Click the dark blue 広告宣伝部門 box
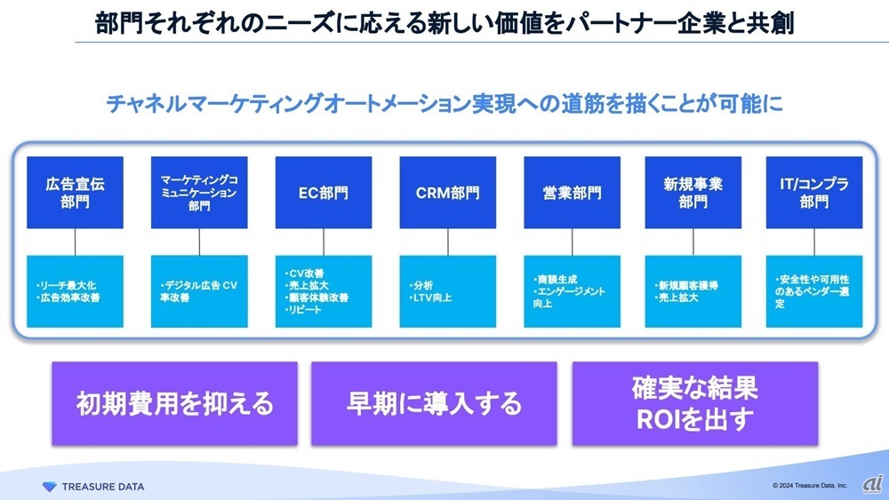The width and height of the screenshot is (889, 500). click(x=75, y=193)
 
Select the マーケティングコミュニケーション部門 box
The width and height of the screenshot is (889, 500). click(x=199, y=193)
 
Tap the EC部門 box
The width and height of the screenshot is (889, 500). click(x=324, y=193)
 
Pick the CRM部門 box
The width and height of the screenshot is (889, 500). click(x=448, y=193)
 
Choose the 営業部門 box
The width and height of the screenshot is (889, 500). click(x=572, y=193)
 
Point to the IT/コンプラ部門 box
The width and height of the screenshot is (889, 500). click(x=814, y=193)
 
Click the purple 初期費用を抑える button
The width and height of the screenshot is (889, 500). click(x=175, y=403)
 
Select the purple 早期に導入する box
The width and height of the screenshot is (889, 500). click(x=434, y=403)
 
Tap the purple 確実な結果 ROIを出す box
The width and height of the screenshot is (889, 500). click(x=695, y=403)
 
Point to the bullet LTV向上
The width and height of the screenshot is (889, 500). click(x=433, y=298)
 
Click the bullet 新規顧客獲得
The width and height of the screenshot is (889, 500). click(x=686, y=285)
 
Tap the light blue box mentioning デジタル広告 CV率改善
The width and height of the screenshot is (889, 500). click(x=199, y=291)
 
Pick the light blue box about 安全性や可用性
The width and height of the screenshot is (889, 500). click(x=814, y=291)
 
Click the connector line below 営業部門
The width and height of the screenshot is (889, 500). click(x=572, y=242)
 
